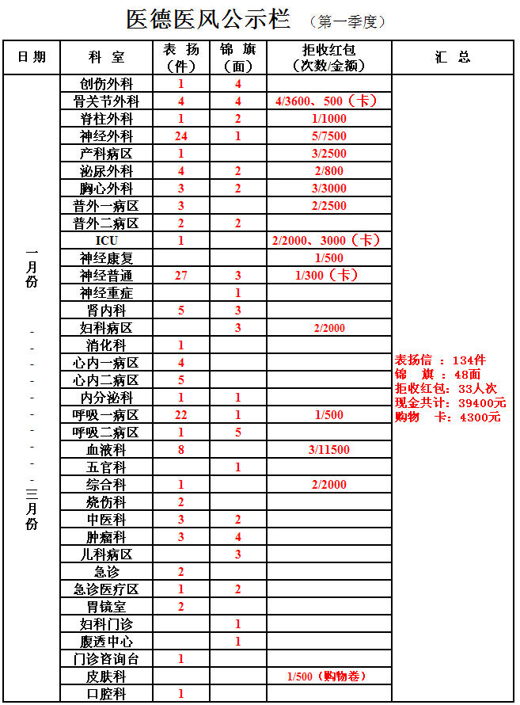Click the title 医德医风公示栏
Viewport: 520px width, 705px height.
[208, 20]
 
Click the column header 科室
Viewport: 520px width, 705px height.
[106, 57]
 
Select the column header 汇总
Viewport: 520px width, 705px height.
[452, 57]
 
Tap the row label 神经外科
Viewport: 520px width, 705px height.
[106, 136]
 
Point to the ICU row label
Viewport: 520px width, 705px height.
[106, 240]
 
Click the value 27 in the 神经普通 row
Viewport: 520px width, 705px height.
[181, 275]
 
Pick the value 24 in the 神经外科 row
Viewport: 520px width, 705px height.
[181, 136]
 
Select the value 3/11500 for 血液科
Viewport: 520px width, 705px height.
[329, 450]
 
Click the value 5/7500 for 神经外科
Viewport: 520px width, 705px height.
[329, 136]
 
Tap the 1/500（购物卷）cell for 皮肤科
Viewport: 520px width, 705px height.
[329, 676]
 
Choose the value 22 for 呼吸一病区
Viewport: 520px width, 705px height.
[181, 415]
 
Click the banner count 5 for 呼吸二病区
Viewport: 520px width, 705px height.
[238, 433]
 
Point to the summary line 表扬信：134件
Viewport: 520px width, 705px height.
[440, 360]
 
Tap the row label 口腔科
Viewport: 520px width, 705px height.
[106, 694]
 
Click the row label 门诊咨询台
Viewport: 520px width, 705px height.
[106, 659]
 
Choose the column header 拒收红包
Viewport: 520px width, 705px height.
[329, 50]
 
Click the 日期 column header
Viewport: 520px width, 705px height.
[32, 57]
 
